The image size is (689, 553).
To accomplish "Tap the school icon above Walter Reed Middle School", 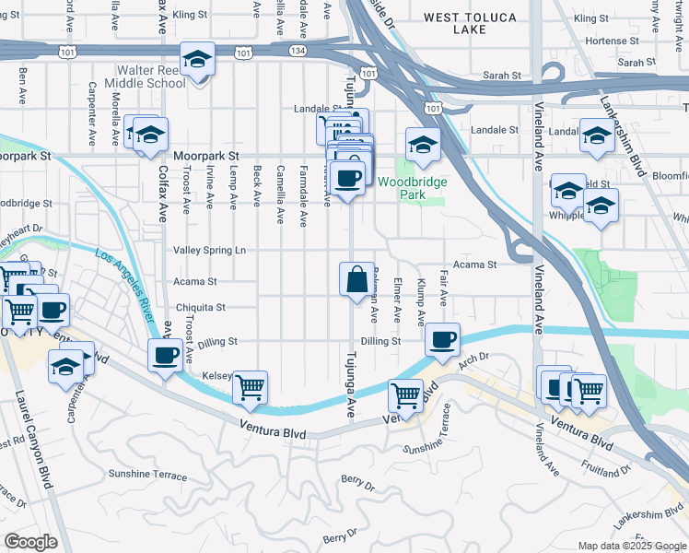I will (197, 61).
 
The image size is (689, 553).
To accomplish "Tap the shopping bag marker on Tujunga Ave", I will (356, 278).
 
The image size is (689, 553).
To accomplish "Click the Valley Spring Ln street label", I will (209, 250).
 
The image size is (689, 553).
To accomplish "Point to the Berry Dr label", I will (357, 481).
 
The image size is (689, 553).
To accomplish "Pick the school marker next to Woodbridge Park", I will (423, 145).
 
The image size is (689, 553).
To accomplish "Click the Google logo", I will (29, 541).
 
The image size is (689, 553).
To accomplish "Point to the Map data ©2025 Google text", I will (631, 546).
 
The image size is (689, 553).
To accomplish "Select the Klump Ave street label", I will (421, 303).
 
